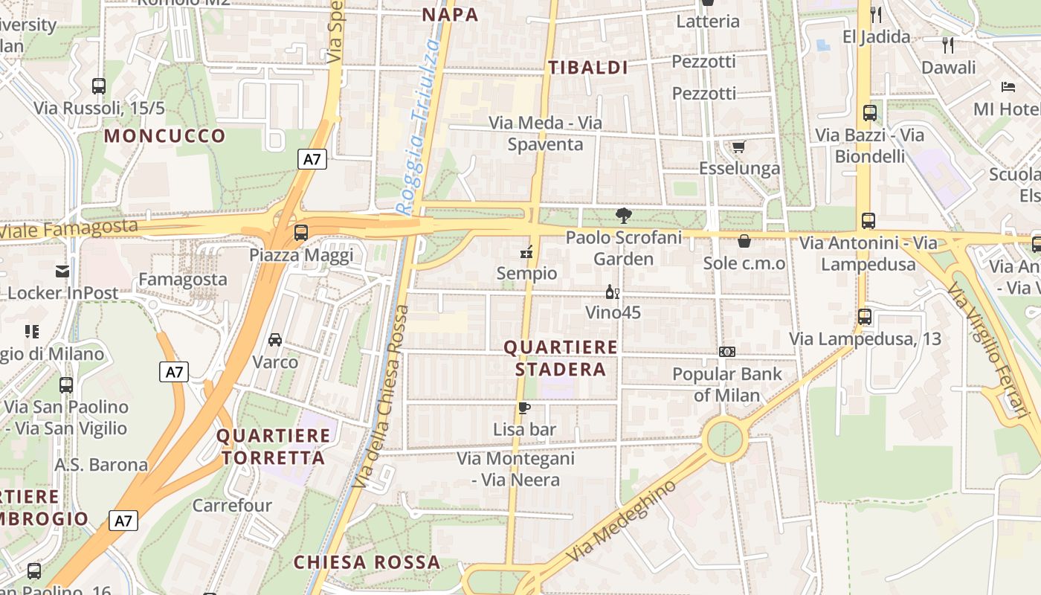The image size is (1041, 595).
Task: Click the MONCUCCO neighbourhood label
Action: click(164, 136)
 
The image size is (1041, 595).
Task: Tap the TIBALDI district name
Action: click(588, 68)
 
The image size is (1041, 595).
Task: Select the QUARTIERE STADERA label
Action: click(561, 358)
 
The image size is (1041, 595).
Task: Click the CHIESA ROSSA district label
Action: click(367, 562)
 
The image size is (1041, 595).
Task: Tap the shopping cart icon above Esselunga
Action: click(738, 147)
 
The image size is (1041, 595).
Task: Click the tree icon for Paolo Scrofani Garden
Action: click(623, 216)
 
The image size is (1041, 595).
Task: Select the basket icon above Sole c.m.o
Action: click(744, 241)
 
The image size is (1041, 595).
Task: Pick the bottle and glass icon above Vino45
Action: click(612, 292)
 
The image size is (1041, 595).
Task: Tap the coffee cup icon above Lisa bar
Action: click(524, 408)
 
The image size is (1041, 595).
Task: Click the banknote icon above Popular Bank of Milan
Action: click(726, 352)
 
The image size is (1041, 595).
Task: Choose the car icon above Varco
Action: click(275, 340)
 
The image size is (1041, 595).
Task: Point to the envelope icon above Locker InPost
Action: click(62, 271)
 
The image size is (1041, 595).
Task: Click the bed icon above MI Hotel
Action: click(1008, 87)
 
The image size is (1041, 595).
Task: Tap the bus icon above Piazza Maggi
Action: click(301, 232)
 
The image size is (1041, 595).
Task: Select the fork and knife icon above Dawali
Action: click(948, 45)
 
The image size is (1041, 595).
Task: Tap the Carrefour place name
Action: click(232, 506)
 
